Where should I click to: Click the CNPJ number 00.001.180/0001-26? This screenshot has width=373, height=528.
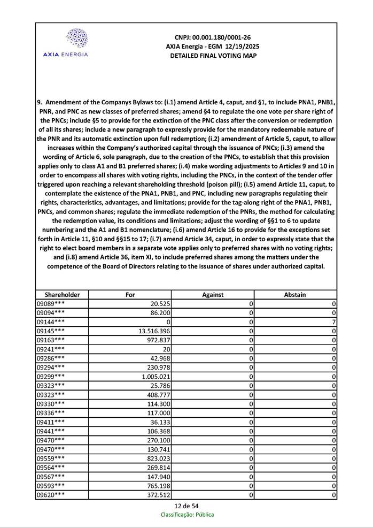click(x=213, y=37)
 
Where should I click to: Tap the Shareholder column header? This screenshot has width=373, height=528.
click(x=62, y=294)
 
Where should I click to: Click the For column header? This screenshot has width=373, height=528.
click(x=130, y=294)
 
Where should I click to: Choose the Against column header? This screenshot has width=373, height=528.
click(x=213, y=294)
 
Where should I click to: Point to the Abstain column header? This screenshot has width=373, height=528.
click(x=295, y=294)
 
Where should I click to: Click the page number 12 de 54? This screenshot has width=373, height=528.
click(x=187, y=506)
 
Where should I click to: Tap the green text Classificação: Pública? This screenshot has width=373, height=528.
click(x=187, y=515)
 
